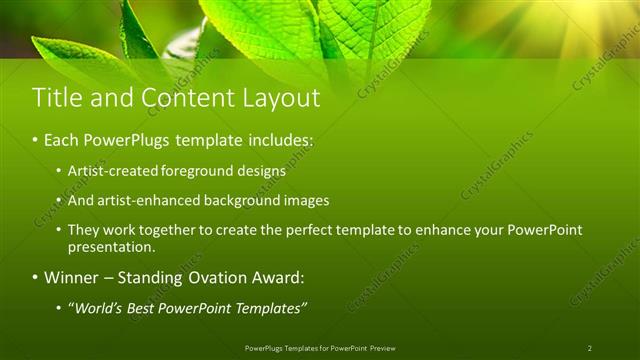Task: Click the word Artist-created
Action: point(109,171)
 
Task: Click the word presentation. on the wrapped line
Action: point(111,246)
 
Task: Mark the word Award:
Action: point(276,277)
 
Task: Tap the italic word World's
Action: point(96,307)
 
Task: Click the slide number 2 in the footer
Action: point(589,347)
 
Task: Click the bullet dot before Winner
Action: point(36,277)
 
